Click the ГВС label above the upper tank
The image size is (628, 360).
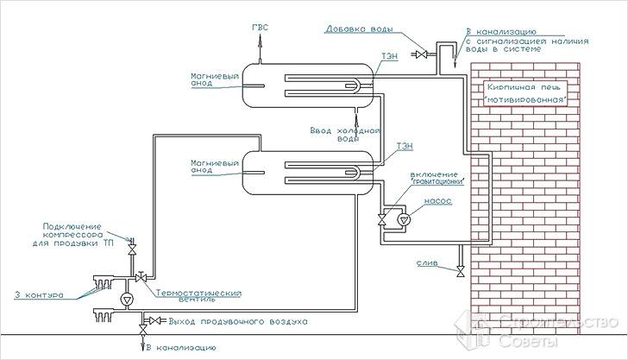tap(260, 28)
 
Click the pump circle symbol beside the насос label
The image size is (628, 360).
tap(398, 220)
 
